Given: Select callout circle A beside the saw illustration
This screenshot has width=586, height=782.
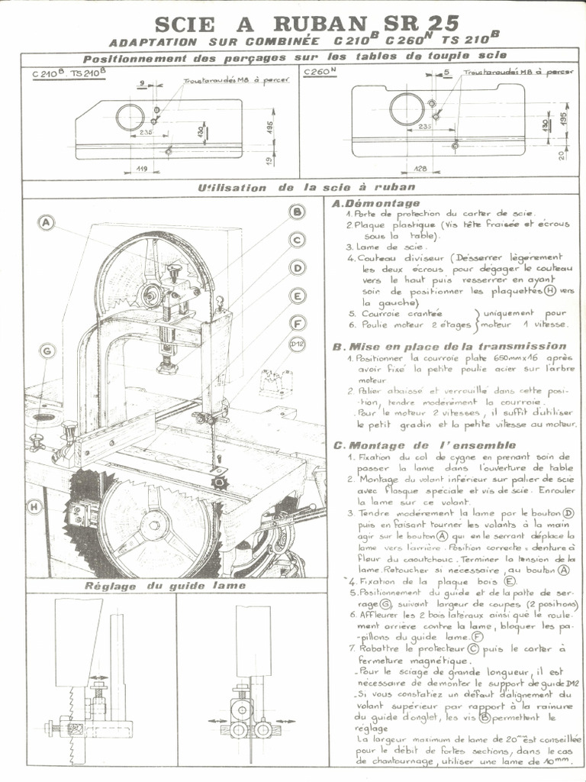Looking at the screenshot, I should pos(47,223).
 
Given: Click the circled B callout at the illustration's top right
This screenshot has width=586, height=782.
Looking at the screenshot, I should pos(298,212).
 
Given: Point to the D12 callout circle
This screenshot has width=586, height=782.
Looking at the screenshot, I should pos(298,344).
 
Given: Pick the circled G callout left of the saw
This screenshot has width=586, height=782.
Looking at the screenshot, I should pos(47,351).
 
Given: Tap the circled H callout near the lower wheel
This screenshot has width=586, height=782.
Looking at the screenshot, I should pos(35,506).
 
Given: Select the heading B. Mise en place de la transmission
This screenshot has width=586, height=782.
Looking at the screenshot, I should pos(449,346).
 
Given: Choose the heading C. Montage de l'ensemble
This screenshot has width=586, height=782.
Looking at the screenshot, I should pos(424,445).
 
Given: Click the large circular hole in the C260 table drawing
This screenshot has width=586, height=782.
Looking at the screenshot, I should pos(407,108).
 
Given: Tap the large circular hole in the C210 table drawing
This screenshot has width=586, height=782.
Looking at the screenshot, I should pos(130,117).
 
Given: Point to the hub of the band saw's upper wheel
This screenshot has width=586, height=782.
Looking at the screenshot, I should pos(152,291).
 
